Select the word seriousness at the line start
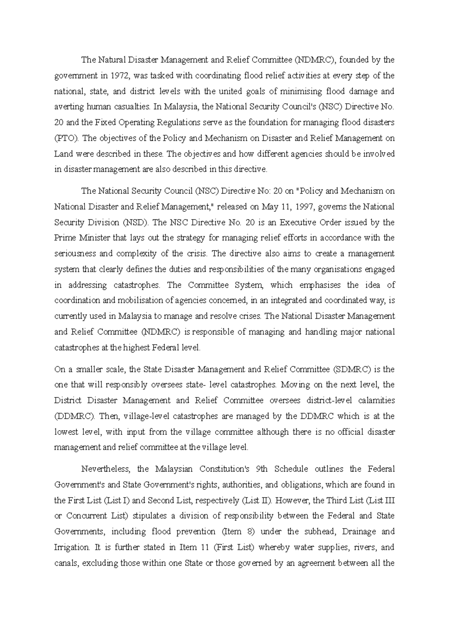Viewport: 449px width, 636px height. pos(73,254)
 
